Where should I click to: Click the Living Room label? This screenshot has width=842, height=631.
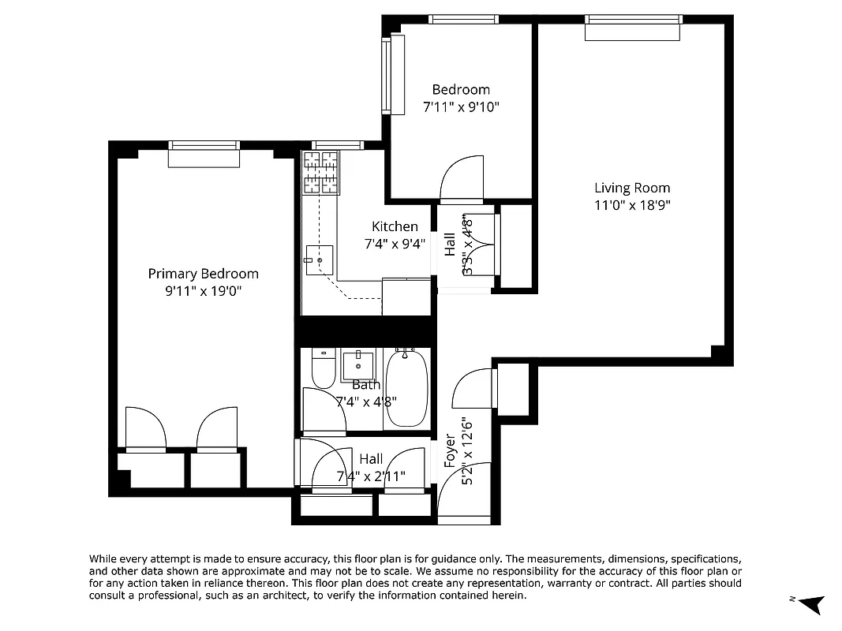click(x=632, y=188)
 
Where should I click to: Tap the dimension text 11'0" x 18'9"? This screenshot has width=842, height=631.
click(x=632, y=205)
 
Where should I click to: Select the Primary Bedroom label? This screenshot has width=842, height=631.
click(x=203, y=274)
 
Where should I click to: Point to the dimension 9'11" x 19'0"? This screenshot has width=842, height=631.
click(x=203, y=290)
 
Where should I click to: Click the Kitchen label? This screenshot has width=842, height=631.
click(x=395, y=226)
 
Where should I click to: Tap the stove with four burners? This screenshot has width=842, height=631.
click(x=321, y=172)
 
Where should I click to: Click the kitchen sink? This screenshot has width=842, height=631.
click(x=320, y=259)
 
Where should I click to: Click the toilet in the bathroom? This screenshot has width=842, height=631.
click(x=323, y=368)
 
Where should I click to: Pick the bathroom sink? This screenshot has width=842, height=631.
click(x=358, y=365)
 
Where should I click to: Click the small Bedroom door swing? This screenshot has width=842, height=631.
click(x=462, y=177)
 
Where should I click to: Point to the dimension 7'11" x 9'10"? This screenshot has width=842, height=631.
click(x=461, y=106)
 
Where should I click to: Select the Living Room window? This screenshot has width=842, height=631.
click(x=632, y=28)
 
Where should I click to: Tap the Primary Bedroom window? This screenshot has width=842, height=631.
click(x=204, y=155)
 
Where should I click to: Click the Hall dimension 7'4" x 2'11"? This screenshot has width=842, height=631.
click(x=371, y=476)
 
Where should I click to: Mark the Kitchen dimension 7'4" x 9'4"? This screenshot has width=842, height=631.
click(x=395, y=245)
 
